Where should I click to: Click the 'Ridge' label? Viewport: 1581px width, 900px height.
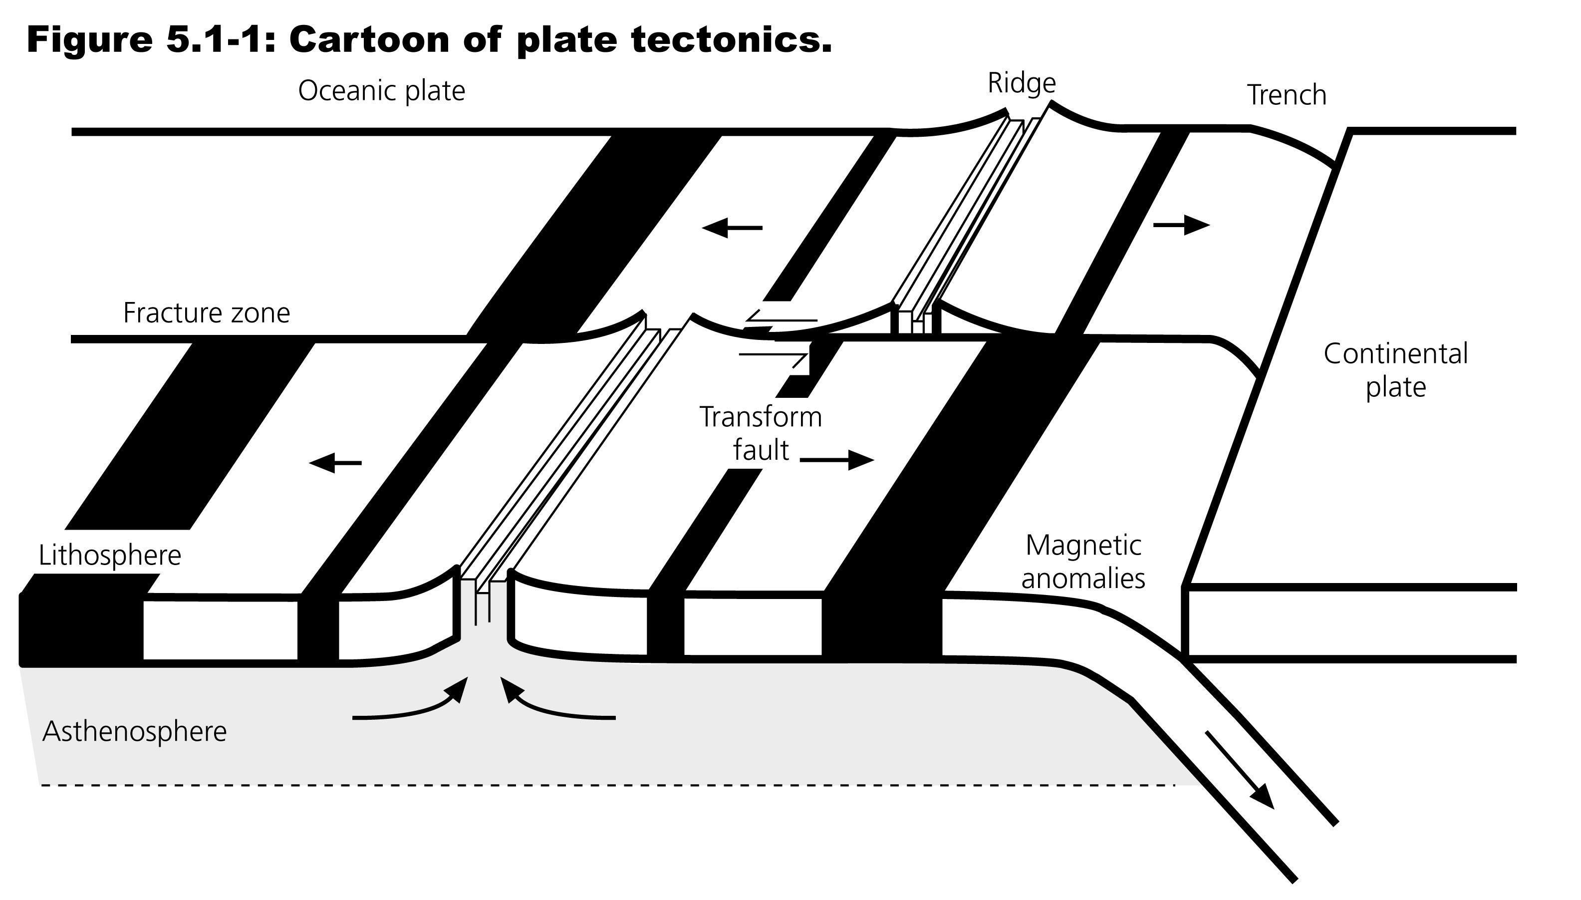1021,83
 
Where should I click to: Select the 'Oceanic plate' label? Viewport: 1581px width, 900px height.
381,91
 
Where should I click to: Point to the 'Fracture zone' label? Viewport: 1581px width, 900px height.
206,313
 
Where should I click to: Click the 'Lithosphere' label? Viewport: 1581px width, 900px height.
110,555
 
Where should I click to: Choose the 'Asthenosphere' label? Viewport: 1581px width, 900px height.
135,731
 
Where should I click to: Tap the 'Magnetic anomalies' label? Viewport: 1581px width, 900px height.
1083,562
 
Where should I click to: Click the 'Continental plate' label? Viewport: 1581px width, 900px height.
1395,370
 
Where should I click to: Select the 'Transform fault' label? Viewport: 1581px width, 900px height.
761,433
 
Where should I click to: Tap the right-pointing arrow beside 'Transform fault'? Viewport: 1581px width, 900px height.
837,460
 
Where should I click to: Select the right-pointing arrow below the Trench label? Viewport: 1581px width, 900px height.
1181,226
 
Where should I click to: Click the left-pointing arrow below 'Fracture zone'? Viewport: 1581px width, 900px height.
335,462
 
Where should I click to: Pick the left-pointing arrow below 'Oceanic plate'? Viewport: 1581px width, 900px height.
732,228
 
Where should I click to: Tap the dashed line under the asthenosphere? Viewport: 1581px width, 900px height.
605,785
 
